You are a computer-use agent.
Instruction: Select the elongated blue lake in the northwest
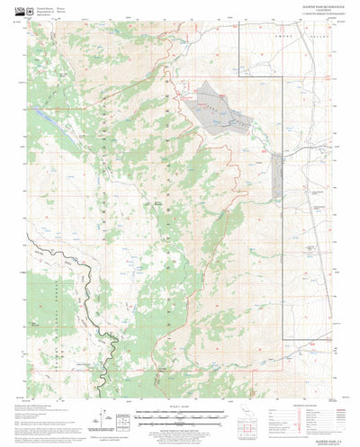tap(44, 118)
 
